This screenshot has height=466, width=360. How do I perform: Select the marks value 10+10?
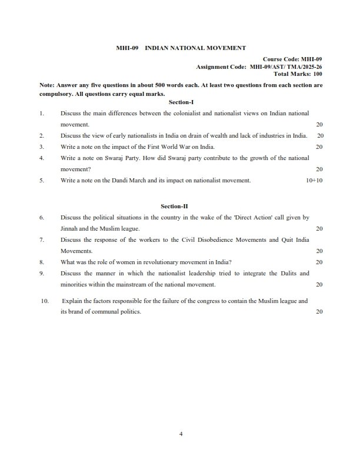pos(314,181)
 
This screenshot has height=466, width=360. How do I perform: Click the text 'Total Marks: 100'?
pos(298,74)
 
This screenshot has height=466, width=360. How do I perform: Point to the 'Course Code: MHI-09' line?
pos(292,59)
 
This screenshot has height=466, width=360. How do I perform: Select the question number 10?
pos(45,301)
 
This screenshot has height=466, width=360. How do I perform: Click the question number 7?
pos(42,240)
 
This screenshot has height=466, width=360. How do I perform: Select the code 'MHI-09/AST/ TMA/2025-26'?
pos(286,67)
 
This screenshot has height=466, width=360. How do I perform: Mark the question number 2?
pos(42,135)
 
